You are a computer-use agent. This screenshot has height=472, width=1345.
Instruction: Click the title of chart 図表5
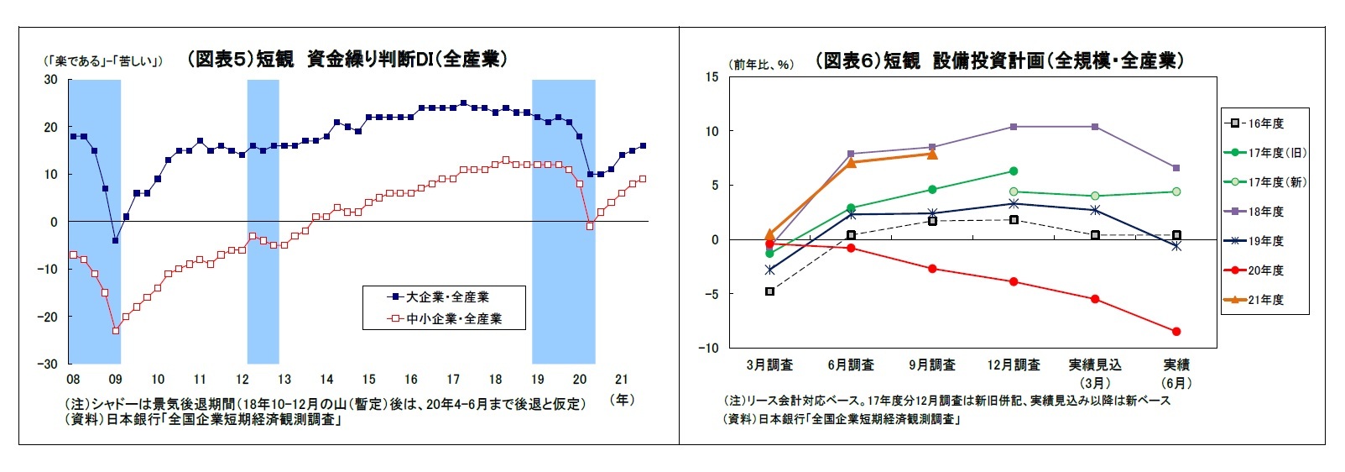(x=347, y=59)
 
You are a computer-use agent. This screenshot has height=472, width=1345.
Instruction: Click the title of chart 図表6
(x=999, y=60)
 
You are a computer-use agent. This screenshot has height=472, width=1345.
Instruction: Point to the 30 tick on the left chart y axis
(x=51, y=80)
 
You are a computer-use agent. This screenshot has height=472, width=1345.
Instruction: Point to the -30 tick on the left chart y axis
(x=50, y=364)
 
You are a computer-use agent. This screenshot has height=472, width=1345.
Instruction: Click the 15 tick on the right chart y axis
(x=712, y=77)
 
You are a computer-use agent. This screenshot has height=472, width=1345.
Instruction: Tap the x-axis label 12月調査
(x=1014, y=365)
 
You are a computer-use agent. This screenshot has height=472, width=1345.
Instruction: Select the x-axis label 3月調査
(x=769, y=365)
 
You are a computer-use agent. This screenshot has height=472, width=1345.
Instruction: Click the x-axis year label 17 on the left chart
(x=453, y=380)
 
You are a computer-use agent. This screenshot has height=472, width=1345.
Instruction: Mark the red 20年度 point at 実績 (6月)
(x=1176, y=332)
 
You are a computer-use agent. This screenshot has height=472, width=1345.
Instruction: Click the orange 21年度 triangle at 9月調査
(x=932, y=155)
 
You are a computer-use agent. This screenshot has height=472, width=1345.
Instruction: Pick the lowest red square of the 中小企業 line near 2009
(x=115, y=330)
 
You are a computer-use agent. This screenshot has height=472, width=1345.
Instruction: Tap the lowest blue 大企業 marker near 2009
(x=115, y=240)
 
